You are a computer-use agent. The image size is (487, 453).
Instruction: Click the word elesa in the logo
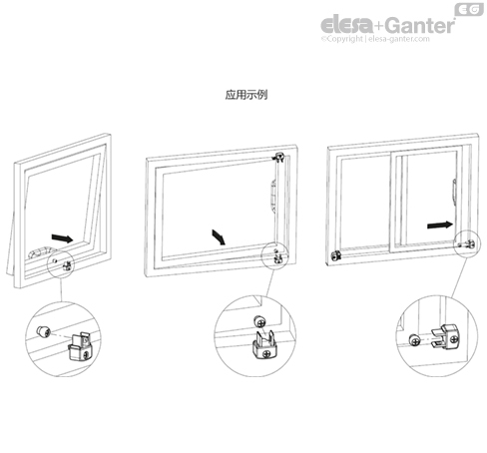pos(346,25)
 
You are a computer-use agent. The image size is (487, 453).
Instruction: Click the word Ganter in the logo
pos(421,25)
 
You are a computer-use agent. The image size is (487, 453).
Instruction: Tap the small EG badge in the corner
pos(469,9)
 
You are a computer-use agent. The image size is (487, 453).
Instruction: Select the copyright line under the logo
pos(375,39)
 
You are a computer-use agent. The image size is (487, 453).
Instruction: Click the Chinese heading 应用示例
pos(246,95)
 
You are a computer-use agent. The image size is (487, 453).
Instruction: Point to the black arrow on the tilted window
pos(62,237)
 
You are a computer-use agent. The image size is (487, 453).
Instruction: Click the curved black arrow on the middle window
pos(219,236)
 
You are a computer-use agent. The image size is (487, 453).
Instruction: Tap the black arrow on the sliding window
pos(440,226)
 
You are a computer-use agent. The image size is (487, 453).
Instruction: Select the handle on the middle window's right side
pos(273,197)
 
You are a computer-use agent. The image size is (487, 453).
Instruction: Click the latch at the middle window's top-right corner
pos(278,157)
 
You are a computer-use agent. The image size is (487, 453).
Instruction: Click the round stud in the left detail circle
pos(44,331)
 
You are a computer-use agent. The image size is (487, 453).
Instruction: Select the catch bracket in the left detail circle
pos(80,348)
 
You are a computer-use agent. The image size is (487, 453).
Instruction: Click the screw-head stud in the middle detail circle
pos(259,321)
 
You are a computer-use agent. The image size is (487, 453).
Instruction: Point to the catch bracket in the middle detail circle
pos(264,346)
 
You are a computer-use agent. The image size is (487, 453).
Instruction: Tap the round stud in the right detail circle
pos(414,340)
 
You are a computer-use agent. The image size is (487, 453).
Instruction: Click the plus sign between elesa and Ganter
pos(379,26)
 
